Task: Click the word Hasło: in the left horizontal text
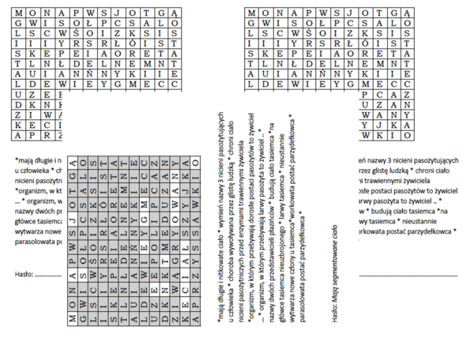coord(23,274)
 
